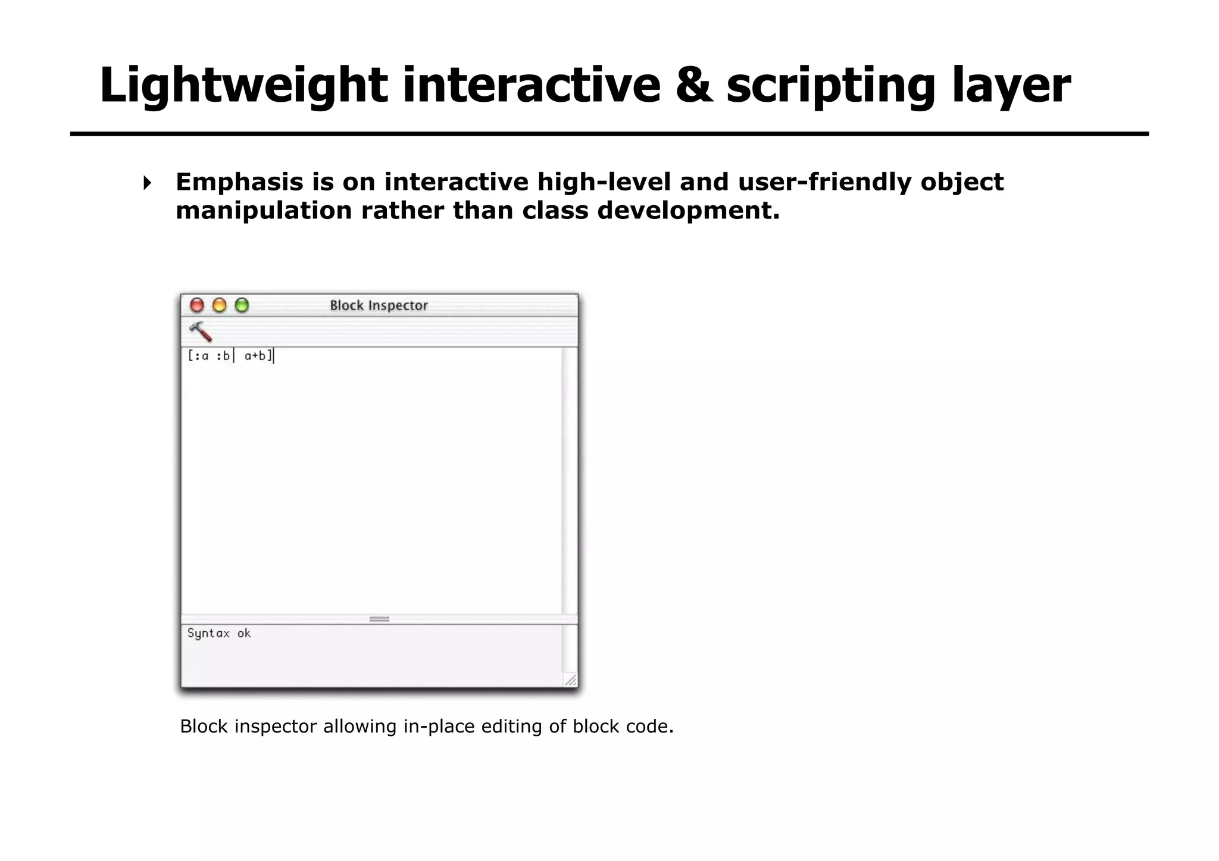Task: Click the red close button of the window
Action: click(197, 305)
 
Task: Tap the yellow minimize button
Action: click(220, 305)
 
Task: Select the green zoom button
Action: click(242, 305)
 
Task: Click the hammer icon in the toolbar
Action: click(201, 331)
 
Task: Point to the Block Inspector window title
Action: click(379, 305)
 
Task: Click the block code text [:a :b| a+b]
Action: click(230, 356)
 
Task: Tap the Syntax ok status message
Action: click(219, 634)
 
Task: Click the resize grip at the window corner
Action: click(570, 680)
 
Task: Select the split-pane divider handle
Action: click(379, 619)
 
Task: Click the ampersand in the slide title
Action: click(694, 85)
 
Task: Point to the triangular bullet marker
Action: click(147, 183)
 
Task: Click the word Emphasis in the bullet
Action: click(239, 182)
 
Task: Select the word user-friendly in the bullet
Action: click(824, 182)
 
